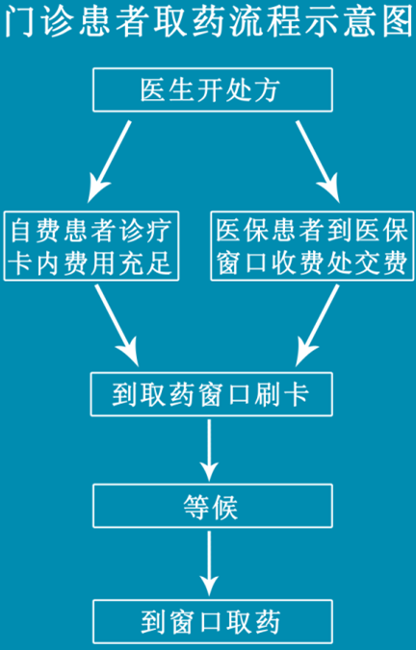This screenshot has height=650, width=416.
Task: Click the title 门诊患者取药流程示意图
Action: point(208,21)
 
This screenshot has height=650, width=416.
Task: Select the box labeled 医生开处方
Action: point(213,90)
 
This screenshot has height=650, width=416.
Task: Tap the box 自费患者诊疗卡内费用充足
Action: point(91,246)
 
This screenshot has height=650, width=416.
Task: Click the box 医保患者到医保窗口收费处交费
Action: point(312,246)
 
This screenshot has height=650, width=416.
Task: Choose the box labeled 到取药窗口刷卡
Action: point(211,394)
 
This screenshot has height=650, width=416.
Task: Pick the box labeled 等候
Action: point(213,506)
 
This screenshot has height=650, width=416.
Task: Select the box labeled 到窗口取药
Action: point(213,621)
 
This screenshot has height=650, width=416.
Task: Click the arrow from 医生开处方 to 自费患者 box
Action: point(109,162)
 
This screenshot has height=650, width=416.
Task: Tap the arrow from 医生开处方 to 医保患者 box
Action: point(318,162)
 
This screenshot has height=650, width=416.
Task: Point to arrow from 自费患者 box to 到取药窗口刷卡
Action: point(117,325)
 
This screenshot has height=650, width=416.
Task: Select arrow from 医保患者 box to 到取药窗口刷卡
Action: point(318,325)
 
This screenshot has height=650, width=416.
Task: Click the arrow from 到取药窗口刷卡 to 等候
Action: point(209,450)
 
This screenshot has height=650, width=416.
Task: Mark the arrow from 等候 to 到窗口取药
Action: point(209,563)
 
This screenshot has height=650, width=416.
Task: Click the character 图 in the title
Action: point(398,21)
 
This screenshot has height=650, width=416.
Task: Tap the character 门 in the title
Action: point(19,21)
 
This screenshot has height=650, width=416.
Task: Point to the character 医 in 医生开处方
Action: point(154,90)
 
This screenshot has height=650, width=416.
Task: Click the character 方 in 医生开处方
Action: point(267,90)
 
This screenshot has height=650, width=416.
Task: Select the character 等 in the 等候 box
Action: point(195,507)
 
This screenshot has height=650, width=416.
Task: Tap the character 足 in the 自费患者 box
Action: point(159,262)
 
